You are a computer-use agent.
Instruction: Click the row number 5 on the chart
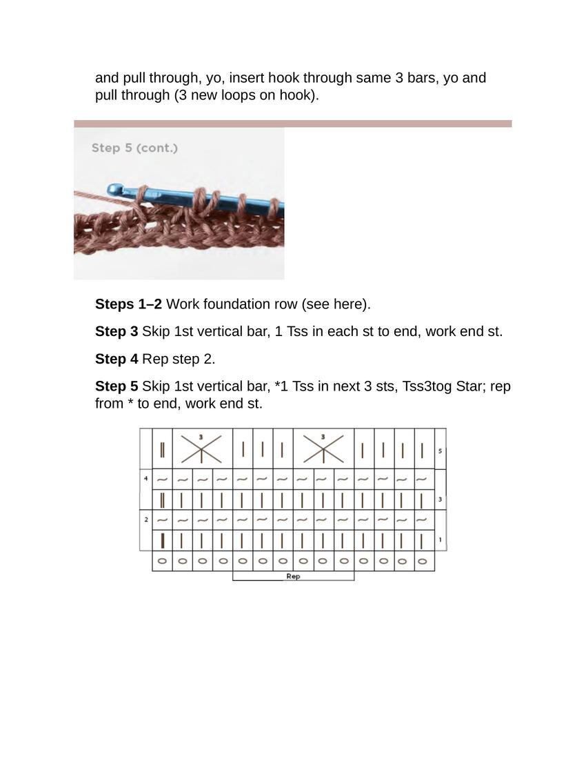(x=440, y=451)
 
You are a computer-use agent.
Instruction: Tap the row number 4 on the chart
(x=145, y=478)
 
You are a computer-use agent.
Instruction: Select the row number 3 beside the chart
(x=440, y=499)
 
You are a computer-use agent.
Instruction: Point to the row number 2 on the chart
(x=145, y=519)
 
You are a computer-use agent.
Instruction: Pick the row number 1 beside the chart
(x=440, y=540)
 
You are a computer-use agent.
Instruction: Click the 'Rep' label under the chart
(x=293, y=576)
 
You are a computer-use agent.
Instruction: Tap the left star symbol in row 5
(x=201, y=449)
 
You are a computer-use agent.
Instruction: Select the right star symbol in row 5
(x=323, y=449)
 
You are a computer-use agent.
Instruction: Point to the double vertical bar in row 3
(x=162, y=500)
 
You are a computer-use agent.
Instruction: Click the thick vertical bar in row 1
(x=162, y=540)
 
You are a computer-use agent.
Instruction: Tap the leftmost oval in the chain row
(x=162, y=561)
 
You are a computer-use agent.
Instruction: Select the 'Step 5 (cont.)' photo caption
(x=134, y=148)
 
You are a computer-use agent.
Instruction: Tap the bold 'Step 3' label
(x=117, y=331)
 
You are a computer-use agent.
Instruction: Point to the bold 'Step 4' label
(x=117, y=359)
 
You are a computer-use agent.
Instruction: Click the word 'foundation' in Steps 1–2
(x=234, y=304)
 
